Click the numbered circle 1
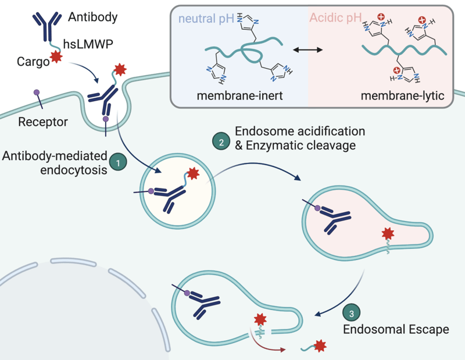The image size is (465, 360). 118,163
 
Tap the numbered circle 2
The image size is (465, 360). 220,140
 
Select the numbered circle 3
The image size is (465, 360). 352,312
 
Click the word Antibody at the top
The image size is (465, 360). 92,16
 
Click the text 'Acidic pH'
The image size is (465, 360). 335,19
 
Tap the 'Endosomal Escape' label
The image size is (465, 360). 396,330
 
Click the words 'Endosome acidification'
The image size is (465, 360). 299,130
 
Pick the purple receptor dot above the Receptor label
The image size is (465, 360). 36,92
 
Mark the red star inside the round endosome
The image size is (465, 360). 192,174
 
